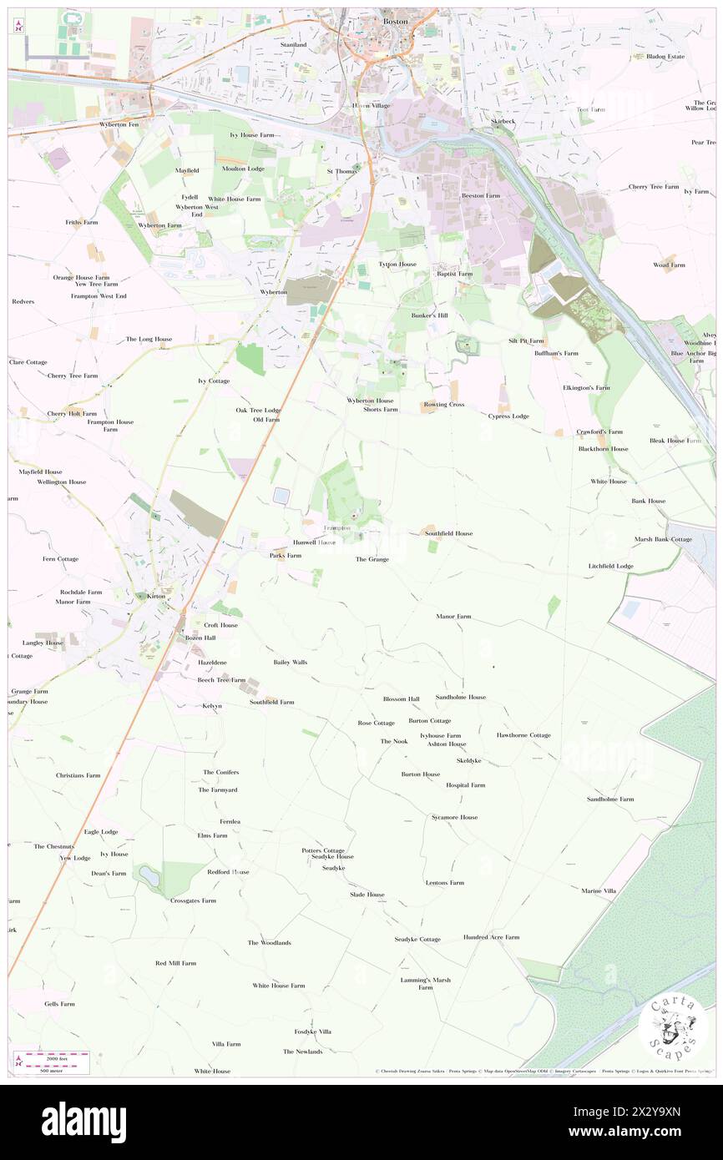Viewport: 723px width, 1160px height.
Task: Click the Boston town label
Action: [x=395, y=21]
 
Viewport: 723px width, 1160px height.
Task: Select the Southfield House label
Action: [x=448, y=533]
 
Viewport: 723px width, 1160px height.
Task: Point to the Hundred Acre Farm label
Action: [x=491, y=937]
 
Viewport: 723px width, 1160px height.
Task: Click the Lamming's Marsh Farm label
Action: [x=425, y=983]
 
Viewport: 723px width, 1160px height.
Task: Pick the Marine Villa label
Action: [x=599, y=891]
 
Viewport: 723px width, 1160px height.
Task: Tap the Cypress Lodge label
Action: [x=508, y=416]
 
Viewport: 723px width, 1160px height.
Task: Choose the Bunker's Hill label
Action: [x=430, y=316]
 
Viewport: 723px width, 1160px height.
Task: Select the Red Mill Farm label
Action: [x=175, y=963]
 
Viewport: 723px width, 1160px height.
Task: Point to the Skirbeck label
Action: [x=504, y=121]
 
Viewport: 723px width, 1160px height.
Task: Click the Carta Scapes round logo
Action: [x=672, y=1025]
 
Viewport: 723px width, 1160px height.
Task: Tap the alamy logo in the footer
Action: [x=83, y=1122]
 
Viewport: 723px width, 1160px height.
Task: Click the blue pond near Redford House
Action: [x=149, y=876]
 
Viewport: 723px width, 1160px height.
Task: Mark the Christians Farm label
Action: [x=78, y=775]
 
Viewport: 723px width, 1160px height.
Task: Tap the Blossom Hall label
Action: [x=401, y=699]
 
